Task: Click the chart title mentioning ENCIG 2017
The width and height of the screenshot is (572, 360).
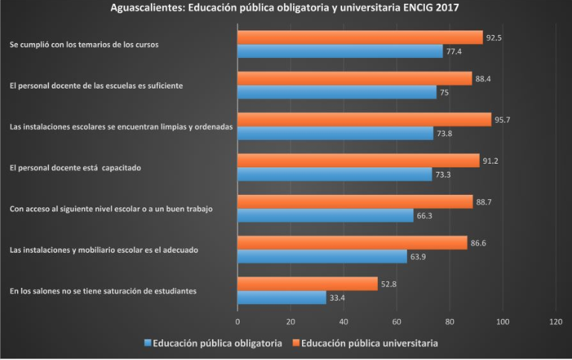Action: tap(286, 8)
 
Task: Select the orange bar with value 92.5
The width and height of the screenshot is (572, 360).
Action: tap(359, 37)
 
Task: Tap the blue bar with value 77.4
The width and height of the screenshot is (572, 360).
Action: tap(340, 51)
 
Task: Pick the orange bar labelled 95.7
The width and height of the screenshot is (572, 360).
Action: tap(364, 120)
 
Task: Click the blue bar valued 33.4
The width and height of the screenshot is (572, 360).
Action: tap(281, 298)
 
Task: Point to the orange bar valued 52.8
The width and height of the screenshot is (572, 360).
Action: tap(307, 283)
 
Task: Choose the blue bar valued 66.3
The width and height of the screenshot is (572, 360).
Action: tap(325, 215)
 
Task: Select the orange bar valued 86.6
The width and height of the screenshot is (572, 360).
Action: tap(352, 242)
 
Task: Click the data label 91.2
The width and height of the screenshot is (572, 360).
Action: tap(491, 160)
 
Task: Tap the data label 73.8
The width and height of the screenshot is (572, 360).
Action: tap(445, 134)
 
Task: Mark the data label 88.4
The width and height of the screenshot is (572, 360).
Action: tap(483, 78)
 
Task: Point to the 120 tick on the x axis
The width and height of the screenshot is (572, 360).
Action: tap(555, 321)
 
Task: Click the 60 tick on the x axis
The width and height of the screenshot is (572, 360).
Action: tap(396, 321)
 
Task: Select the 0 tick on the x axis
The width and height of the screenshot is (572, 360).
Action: tap(237, 321)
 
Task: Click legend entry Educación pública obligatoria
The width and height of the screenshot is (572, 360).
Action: tap(216, 343)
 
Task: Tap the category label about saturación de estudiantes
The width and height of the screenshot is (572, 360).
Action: tap(103, 291)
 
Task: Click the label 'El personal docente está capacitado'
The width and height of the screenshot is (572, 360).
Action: tap(75, 167)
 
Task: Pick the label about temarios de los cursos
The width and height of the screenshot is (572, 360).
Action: tap(84, 45)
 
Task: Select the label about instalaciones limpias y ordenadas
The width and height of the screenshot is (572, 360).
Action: tap(121, 127)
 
